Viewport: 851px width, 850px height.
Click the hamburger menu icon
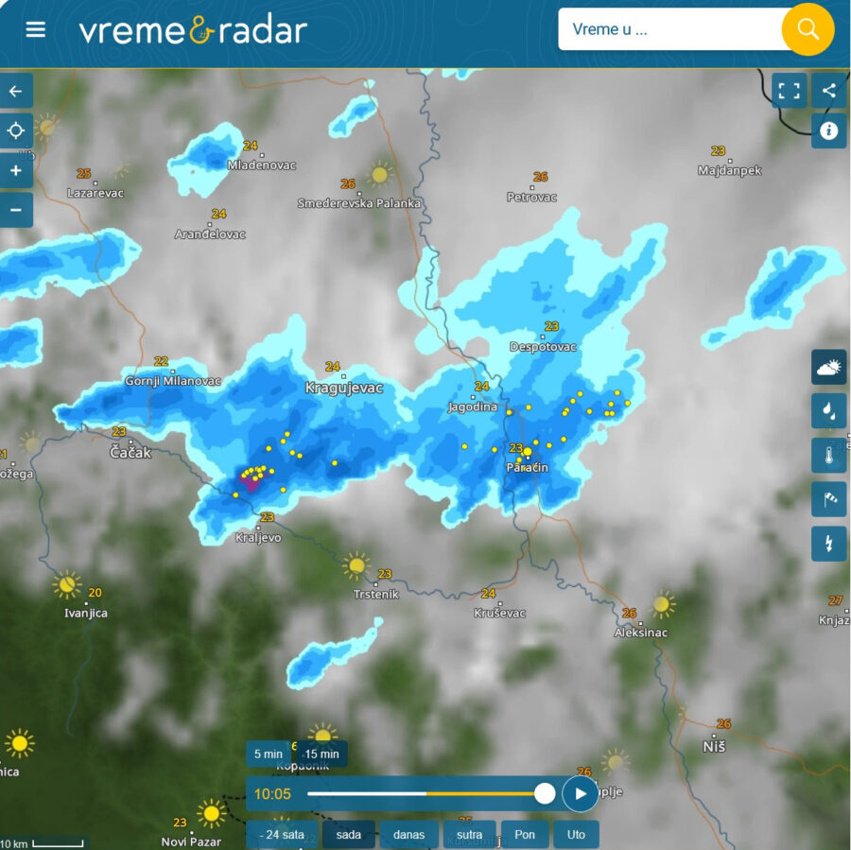pyautogui.click(x=36, y=29)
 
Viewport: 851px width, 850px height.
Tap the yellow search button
pyautogui.click(x=808, y=29)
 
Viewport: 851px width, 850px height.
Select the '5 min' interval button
pyautogui.click(x=269, y=754)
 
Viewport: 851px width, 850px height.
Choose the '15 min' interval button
pyautogui.click(x=321, y=754)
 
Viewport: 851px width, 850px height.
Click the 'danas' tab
pyautogui.click(x=409, y=835)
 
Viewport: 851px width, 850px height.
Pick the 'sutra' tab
pyautogui.click(x=469, y=835)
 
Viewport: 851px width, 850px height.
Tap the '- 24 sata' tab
pyautogui.click(x=282, y=835)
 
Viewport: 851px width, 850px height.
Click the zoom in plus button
pyautogui.click(x=16, y=171)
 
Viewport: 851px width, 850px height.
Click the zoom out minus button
pyautogui.click(x=16, y=209)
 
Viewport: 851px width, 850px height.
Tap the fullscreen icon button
pyautogui.click(x=790, y=91)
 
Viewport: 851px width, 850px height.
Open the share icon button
pyautogui.click(x=829, y=91)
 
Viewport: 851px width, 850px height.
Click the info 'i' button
pyautogui.click(x=829, y=130)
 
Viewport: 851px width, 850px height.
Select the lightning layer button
pyautogui.click(x=829, y=544)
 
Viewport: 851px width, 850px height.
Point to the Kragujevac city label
pyautogui.click(x=343, y=388)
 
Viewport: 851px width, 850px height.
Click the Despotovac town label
pyautogui.click(x=543, y=347)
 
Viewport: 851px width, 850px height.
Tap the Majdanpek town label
pyautogui.click(x=729, y=171)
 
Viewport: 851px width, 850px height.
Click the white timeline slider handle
pyautogui.click(x=545, y=793)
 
